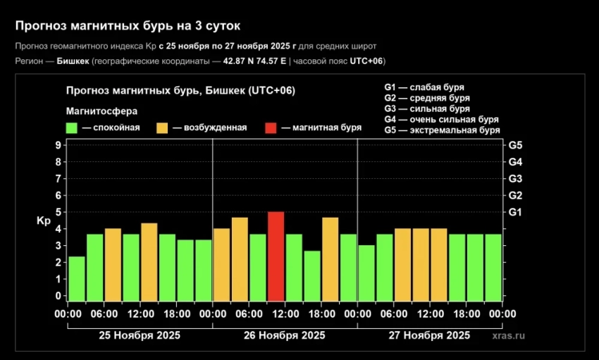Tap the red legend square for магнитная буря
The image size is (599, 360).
point(271,128)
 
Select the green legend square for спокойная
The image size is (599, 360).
point(71,128)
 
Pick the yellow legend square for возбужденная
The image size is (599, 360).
point(162,128)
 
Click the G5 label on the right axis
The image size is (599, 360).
point(515,145)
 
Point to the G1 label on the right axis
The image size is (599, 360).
point(515,211)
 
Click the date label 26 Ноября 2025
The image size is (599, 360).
point(285,335)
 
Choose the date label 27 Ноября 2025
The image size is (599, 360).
point(429,335)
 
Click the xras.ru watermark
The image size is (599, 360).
point(508,337)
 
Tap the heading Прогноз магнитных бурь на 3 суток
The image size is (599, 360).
point(128,26)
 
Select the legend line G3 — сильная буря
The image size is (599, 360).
point(427,109)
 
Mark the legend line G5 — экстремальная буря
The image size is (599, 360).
point(442,130)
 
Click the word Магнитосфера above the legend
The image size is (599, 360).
point(101,111)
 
